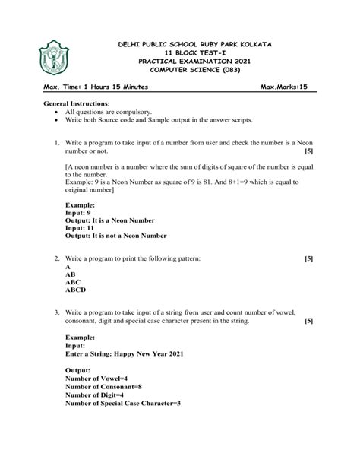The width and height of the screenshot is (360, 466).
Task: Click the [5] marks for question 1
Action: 308,151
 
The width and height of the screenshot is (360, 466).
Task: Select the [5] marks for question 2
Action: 308,258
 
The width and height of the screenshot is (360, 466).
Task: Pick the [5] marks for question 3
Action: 308,321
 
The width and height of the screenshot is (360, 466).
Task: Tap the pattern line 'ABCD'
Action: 76,290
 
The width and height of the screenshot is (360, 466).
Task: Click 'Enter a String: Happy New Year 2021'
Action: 125,353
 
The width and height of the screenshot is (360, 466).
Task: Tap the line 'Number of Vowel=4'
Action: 96,378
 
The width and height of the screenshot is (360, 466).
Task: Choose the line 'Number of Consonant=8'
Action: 104,386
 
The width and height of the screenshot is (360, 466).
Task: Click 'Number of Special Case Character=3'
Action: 123,403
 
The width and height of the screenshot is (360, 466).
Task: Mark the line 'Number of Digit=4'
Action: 95,395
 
